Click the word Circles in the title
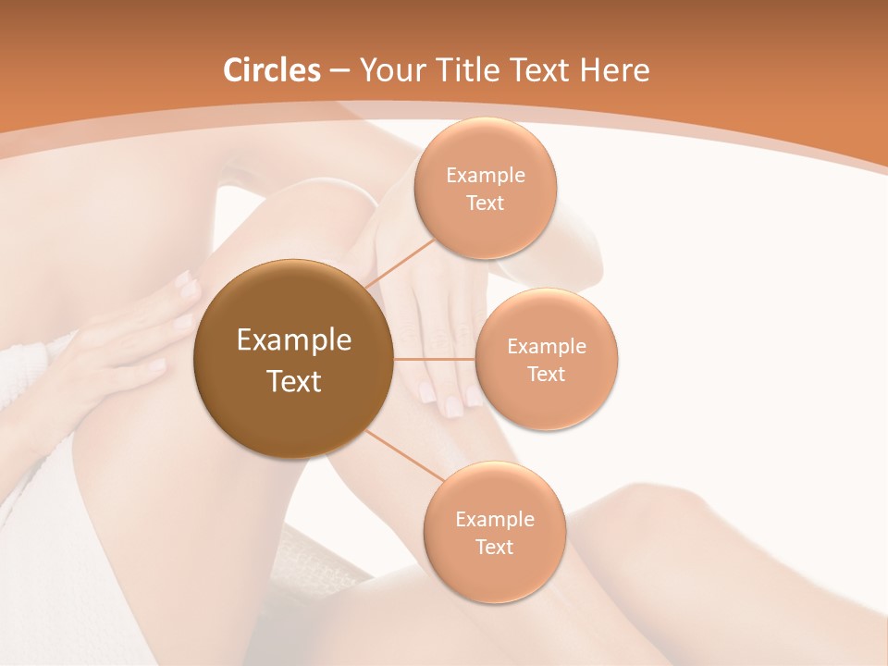coord(272,70)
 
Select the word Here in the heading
coord(614,70)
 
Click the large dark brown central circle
coord(293,407)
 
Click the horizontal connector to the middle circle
coord(434,359)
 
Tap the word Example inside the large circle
coord(294,340)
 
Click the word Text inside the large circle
coord(294,380)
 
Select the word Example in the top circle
coord(486,176)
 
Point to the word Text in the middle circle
coord(547,374)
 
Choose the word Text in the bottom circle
coord(494,547)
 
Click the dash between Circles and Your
coord(339,71)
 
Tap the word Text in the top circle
coord(486,203)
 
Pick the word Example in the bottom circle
coord(494,520)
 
